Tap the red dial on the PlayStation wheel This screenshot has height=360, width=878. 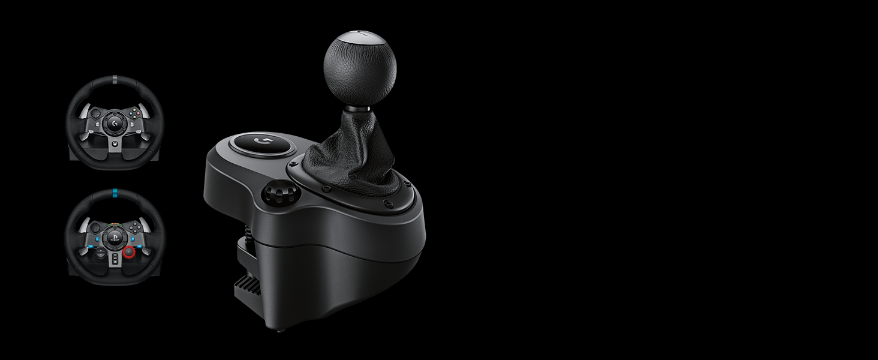click(x=128, y=253)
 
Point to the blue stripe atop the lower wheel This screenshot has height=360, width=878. click(x=114, y=194)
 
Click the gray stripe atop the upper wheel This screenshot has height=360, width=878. click(x=114, y=79)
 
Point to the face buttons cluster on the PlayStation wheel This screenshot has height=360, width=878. click(x=135, y=227)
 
